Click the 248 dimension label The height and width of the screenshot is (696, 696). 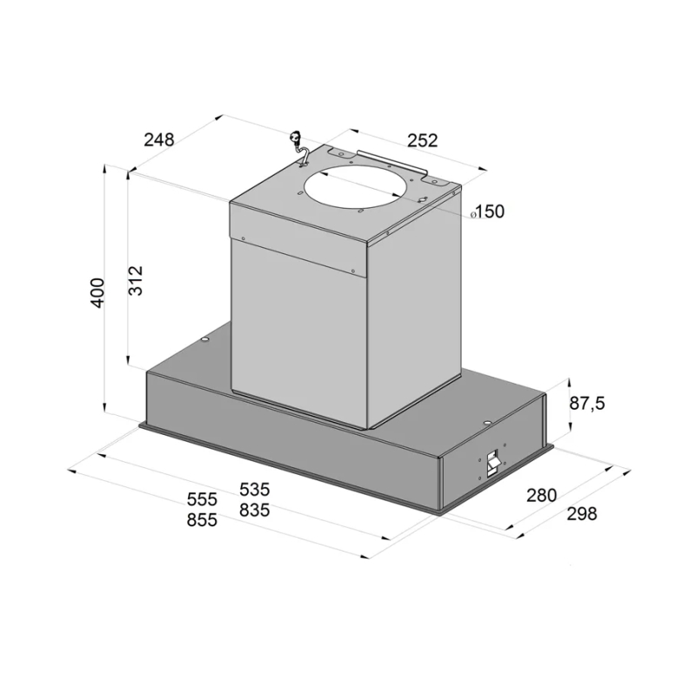point(159,139)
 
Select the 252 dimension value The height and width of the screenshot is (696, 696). point(423,140)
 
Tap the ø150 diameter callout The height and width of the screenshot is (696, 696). point(487,211)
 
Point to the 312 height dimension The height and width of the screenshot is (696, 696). point(136,280)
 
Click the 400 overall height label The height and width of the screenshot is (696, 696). point(97,292)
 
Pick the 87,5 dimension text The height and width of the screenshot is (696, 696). point(586,404)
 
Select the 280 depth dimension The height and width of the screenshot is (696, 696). point(541,495)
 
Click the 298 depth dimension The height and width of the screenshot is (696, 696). point(582,514)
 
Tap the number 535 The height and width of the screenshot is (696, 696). point(254,490)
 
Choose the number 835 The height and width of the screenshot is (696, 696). point(254,510)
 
